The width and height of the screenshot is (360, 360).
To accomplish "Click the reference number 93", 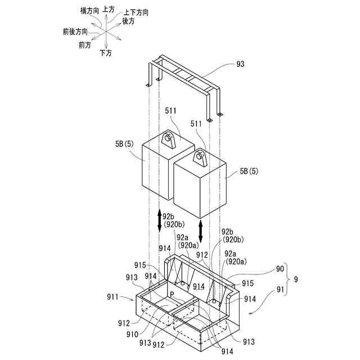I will pos(241,65).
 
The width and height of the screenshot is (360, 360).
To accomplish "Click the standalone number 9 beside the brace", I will pos(296,280).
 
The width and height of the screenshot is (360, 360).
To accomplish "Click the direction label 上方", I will pos(109,10).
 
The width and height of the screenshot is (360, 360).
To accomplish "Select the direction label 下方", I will pos(105,53).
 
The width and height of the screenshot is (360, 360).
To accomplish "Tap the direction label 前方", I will pos(85,45).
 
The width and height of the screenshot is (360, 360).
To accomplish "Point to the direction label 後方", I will pos(128,21).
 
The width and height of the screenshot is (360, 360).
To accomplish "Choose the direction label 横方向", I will pos(90,11).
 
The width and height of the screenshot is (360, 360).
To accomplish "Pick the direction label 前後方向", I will pos(75,31).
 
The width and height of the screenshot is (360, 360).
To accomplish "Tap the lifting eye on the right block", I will pos(200,158).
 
